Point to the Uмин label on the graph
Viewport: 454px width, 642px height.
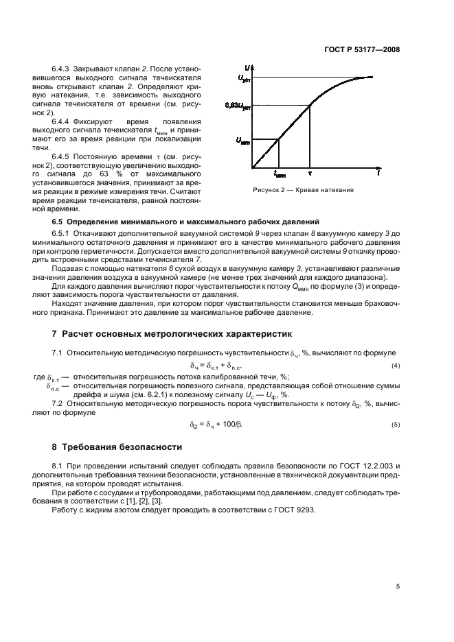242,141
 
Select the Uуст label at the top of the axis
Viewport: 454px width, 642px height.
244,79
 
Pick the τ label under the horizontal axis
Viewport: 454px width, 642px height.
310,174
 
